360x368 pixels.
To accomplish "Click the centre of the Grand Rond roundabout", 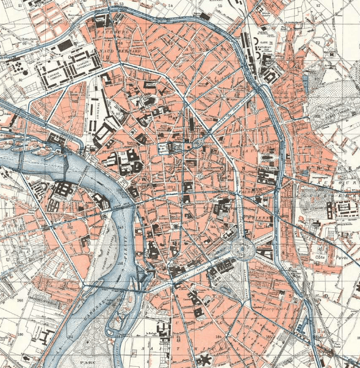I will [x=243, y=249].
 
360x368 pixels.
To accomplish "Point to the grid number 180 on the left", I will [x=20, y=334].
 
